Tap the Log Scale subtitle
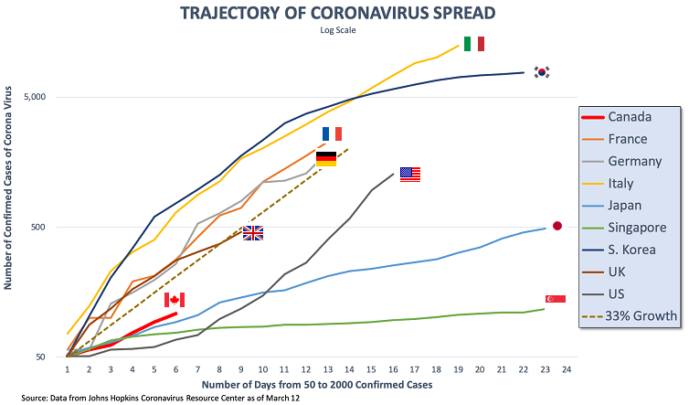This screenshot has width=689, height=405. pyautogui.click(x=344, y=30)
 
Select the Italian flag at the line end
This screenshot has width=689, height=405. pyautogui.click(x=474, y=43)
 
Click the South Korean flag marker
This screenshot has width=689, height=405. pyautogui.click(x=543, y=72)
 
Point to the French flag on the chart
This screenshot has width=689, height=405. pyautogui.click(x=332, y=133)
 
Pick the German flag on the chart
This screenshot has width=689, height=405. pyautogui.click(x=326, y=158)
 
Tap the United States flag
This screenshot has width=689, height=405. pyautogui.click(x=410, y=175)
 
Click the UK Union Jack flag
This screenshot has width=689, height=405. pyautogui.click(x=253, y=233)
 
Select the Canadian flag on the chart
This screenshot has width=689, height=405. pyautogui.click(x=175, y=299)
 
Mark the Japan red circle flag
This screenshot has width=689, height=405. pyautogui.click(x=557, y=226)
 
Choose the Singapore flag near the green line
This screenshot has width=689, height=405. pyautogui.click(x=555, y=299)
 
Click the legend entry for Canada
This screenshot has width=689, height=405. pyautogui.click(x=630, y=117)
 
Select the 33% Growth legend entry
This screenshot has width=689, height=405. pyautogui.click(x=630, y=316)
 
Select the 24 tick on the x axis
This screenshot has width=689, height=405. pyautogui.click(x=567, y=370)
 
